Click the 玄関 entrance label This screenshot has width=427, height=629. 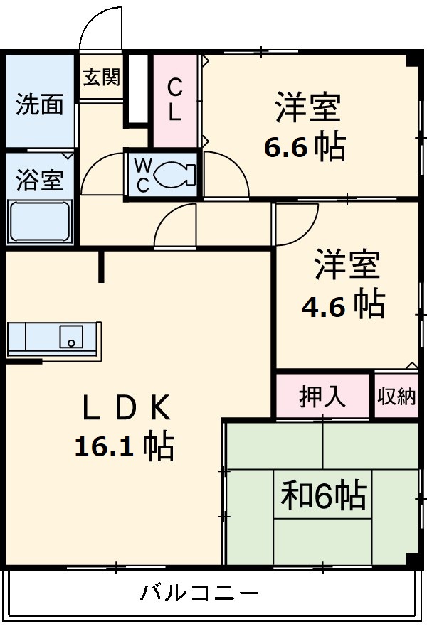101,77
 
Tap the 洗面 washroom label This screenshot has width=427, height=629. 40,104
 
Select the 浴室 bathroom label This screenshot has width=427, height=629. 40,181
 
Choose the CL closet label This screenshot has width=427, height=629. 174,100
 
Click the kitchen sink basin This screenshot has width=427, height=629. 70,336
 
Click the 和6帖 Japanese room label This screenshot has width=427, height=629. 323,495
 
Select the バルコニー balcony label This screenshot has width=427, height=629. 199,591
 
